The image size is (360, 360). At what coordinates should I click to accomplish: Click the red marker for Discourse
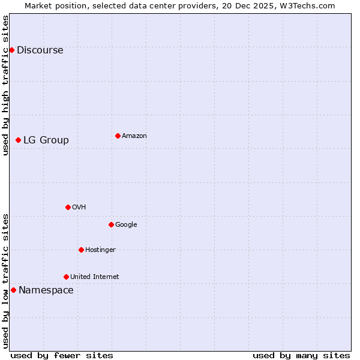click(x=11, y=50)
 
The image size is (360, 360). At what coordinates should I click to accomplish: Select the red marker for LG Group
click(x=18, y=140)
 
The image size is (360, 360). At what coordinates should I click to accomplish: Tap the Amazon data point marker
click(x=118, y=136)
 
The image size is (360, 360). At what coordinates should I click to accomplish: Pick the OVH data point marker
click(x=68, y=207)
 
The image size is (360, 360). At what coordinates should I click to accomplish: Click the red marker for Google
click(x=111, y=224)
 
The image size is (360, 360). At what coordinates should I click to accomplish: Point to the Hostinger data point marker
click(x=81, y=250)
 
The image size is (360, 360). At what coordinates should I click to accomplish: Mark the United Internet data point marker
click(x=66, y=277)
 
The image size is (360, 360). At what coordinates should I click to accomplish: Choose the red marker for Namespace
click(x=13, y=290)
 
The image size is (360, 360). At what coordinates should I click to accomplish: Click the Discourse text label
click(x=40, y=50)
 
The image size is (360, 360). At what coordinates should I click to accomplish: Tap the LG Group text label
click(x=46, y=140)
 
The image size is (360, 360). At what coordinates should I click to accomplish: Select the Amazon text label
click(x=134, y=136)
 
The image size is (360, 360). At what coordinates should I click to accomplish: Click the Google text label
click(x=126, y=224)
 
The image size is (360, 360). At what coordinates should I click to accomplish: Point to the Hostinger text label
click(x=100, y=250)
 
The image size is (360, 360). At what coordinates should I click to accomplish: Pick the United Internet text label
click(x=94, y=277)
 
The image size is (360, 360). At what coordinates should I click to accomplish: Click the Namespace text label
click(x=46, y=290)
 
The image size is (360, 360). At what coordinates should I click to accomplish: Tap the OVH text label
click(x=79, y=207)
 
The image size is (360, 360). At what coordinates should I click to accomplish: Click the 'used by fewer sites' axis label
click(x=62, y=355)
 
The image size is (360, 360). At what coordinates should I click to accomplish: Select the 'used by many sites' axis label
click(x=301, y=355)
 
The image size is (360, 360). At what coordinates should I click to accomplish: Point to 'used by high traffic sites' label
click(x=5, y=85)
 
